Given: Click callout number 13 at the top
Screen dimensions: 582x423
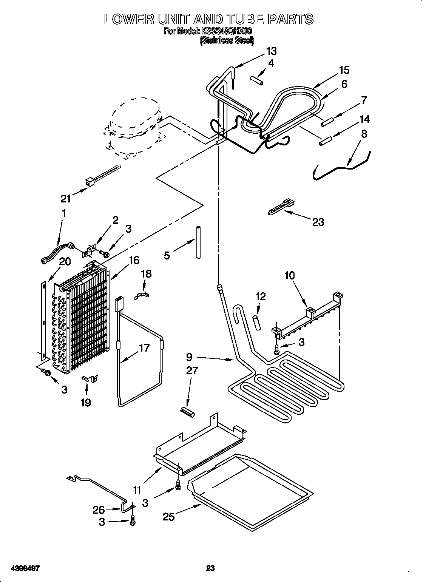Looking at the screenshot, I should click(271, 51).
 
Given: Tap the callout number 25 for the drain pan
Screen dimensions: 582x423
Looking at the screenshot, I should click(169, 516).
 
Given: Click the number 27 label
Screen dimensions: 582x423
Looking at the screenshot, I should click(192, 370).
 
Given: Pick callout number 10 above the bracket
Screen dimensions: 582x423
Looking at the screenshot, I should click(289, 275).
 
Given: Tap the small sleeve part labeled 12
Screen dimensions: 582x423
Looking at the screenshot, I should click(257, 323).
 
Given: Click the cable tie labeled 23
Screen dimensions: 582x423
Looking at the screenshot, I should click(281, 208).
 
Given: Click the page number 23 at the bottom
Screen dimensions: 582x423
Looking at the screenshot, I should click(210, 557).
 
